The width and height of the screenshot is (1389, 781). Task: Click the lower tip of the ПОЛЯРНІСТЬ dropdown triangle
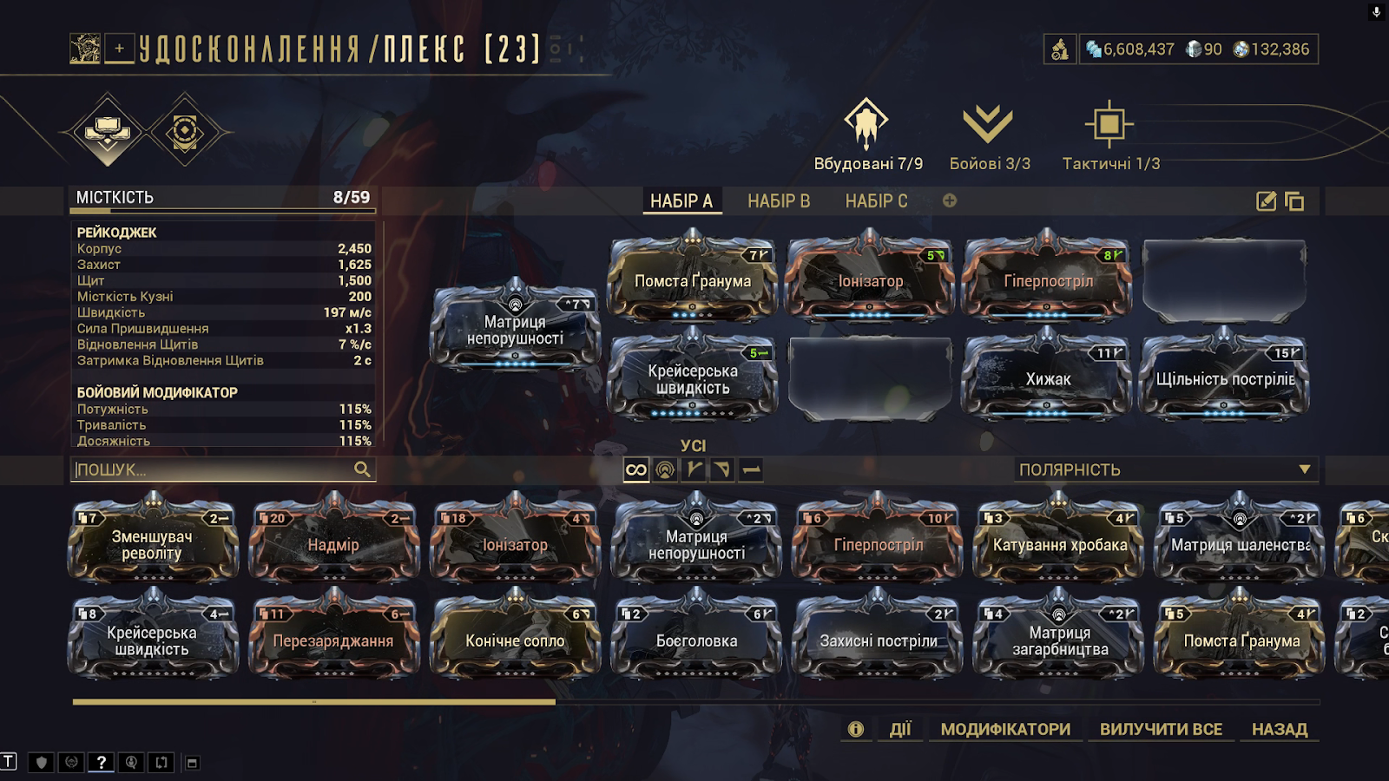click(1305, 474)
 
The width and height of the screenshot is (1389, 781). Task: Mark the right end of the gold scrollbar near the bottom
click(555, 702)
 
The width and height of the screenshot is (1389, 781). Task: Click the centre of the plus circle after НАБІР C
click(950, 200)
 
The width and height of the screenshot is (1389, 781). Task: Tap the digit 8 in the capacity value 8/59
click(338, 197)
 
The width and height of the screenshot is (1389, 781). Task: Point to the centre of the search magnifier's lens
click(360, 468)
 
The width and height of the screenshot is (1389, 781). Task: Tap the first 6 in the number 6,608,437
click(1108, 49)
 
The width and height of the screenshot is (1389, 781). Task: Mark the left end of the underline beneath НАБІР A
click(643, 213)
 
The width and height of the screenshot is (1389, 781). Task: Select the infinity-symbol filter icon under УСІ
click(636, 469)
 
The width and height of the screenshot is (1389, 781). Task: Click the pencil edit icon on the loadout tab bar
click(1266, 200)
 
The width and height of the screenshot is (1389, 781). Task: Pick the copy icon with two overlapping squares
click(1294, 201)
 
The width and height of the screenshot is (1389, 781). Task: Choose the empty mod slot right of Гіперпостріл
click(1225, 280)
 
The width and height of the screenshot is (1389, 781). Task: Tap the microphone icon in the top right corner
click(1376, 12)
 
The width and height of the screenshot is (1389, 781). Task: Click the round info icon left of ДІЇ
click(856, 729)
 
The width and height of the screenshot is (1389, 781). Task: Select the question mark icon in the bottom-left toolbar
click(101, 762)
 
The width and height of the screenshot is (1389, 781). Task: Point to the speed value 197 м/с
click(347, 312)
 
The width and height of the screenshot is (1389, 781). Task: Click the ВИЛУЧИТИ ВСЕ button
click(1161, 729)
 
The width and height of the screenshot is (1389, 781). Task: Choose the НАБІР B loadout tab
click(779, 200)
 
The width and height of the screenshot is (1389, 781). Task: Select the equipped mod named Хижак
click(1048, 374)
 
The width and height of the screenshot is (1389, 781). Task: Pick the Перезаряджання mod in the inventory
click(333, 634)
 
